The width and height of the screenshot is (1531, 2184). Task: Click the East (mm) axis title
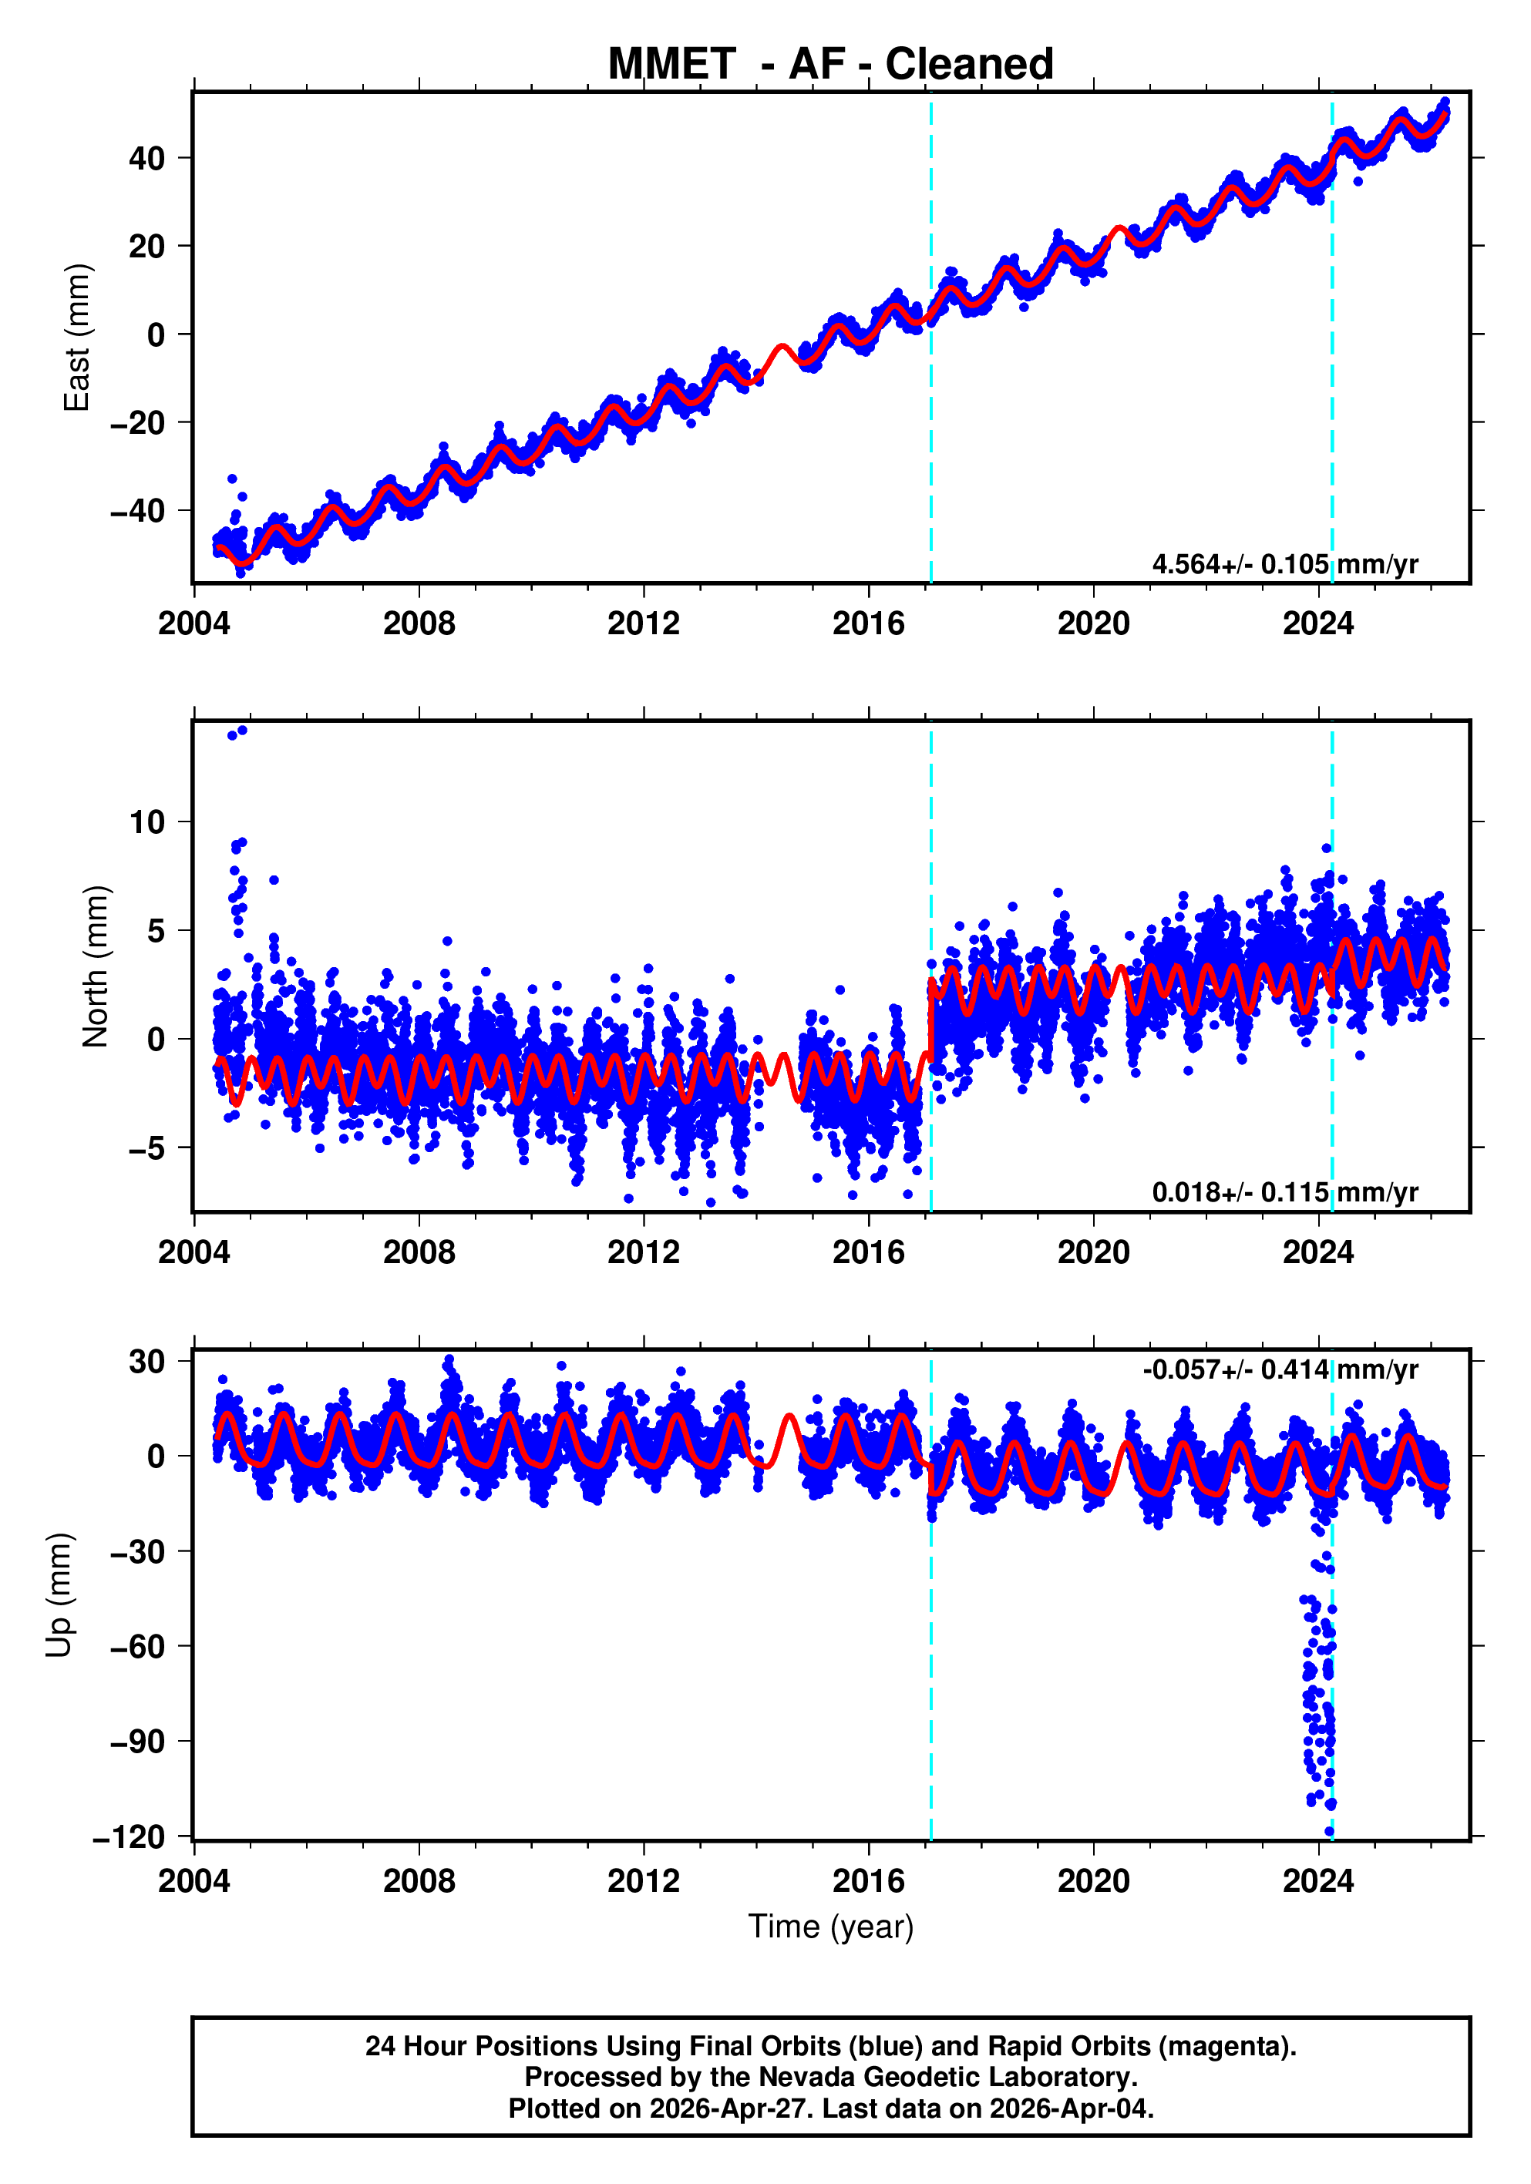76,338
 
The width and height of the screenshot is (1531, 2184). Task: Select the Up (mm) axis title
59,1595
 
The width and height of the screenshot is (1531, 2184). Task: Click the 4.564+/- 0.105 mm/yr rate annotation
1284,564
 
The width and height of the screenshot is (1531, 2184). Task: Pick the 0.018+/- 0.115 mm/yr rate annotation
1284,1192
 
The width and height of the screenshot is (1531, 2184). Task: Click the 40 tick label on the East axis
146,158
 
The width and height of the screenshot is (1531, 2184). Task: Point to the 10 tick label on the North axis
146,822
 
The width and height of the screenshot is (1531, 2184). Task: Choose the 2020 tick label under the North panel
1093,1252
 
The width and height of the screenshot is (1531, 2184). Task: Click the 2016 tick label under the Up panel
868,1880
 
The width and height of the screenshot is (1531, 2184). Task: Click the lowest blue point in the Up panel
1329,1832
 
